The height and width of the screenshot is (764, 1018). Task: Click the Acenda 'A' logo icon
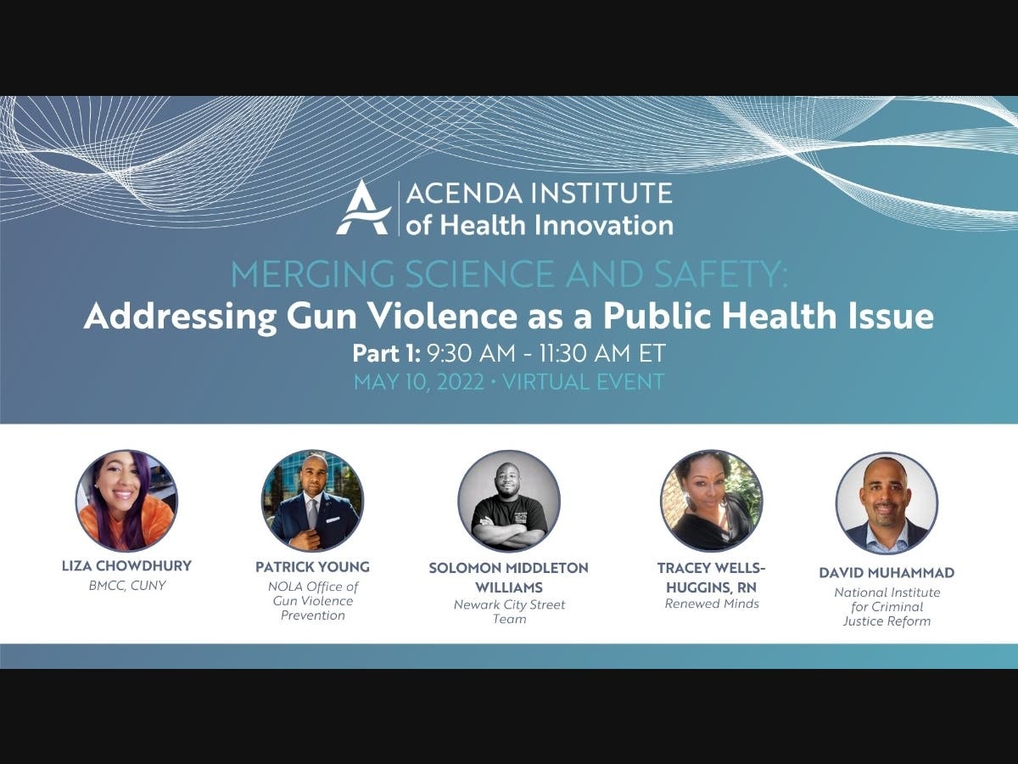tap(363, 207)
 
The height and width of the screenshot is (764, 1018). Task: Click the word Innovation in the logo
tap(603, 225)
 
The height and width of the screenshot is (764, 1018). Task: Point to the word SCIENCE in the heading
tap(479, 274)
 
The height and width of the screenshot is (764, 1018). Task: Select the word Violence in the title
tap(440, 316)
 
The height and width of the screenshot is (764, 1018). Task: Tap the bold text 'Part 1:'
tap(386, 353)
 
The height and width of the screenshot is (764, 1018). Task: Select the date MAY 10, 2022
tap(419, 382)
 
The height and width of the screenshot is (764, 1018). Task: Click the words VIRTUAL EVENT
tap(584, 382)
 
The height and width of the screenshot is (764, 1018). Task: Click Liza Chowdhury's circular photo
tap(126, 501)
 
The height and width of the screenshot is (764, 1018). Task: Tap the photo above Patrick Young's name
tap(312, 501)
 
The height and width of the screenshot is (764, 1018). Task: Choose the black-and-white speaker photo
tap(509, 501)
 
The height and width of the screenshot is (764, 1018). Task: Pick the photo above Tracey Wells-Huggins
tap(712, 501)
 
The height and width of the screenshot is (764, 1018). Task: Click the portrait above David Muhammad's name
tap(887, 503)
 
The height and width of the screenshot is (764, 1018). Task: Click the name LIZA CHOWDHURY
tap(126, 566)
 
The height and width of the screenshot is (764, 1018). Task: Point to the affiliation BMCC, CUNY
tap(127, 586)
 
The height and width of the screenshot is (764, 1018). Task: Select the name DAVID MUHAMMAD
tap(887, 573)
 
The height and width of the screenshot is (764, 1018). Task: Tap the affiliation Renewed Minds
tap(712, 604)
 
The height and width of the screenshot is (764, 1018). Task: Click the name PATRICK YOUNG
tap(312, 567)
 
